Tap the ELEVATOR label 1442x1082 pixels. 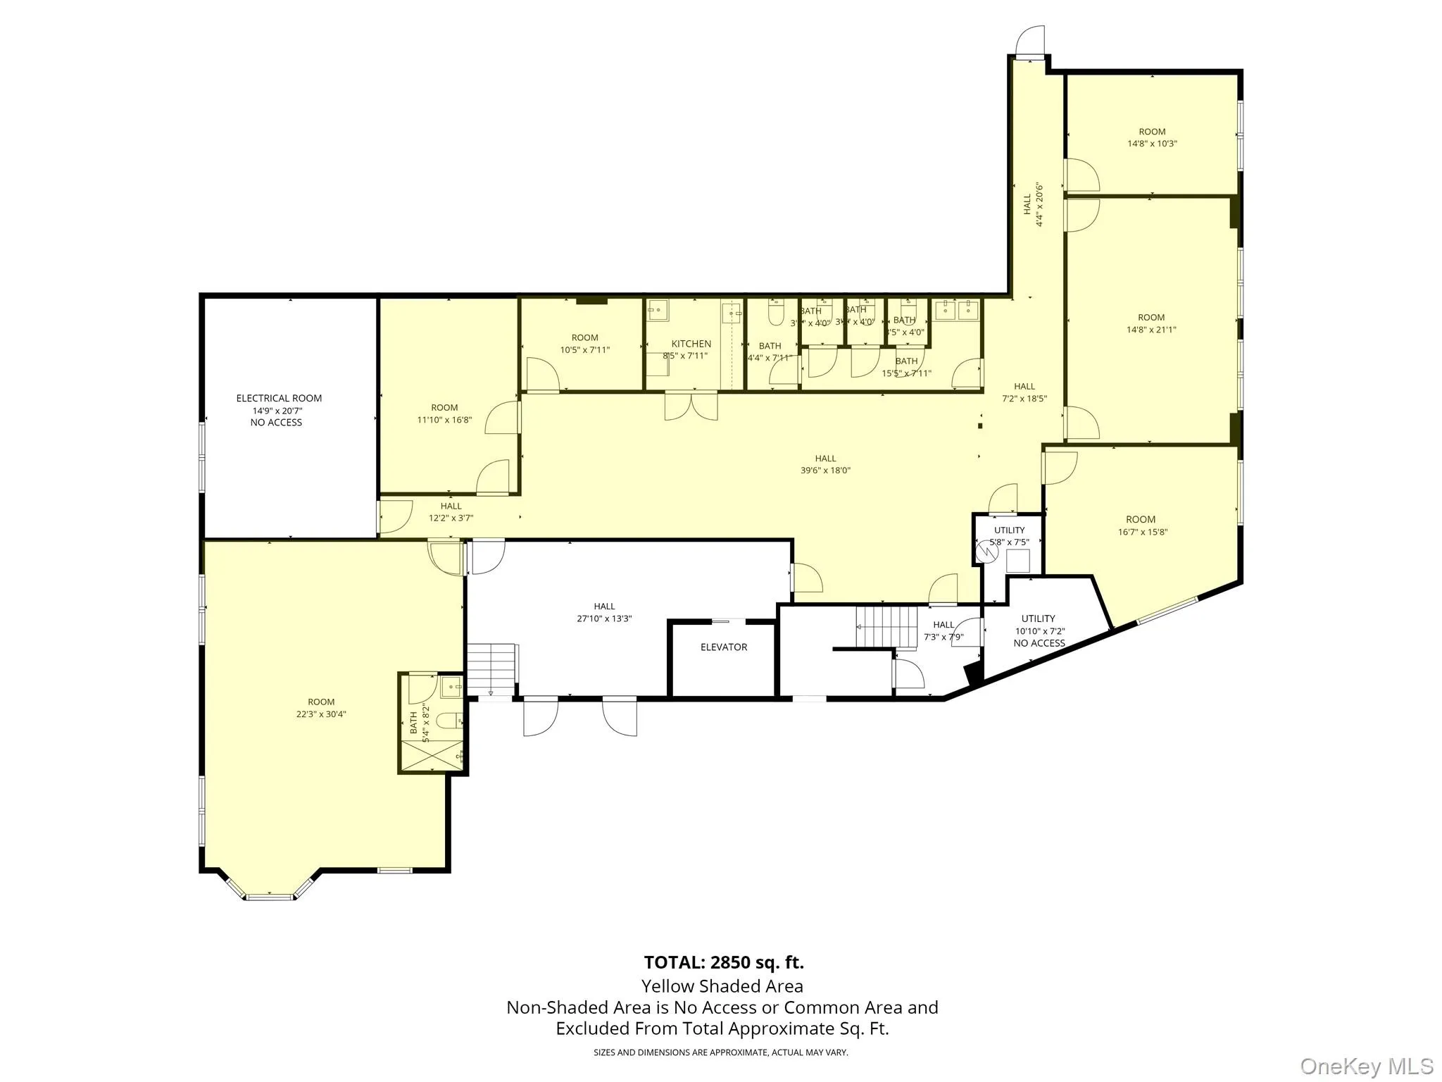723,647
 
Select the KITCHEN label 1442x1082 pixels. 691,344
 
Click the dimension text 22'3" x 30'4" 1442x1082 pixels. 321,714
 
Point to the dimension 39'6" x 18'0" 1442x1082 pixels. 825,470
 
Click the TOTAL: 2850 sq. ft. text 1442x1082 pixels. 723,962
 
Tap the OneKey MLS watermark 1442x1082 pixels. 1367,1066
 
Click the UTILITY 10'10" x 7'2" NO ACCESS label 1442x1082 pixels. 1039,630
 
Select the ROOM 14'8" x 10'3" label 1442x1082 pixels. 1152,137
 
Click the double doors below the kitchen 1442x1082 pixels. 691,407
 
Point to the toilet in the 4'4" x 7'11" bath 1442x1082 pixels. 775,314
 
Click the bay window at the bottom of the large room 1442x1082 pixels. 270,896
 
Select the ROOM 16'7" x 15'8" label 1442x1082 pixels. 1141,526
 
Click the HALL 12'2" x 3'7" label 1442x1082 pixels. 451,511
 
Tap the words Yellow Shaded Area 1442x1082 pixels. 722,986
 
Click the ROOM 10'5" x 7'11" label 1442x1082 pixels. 584,343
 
